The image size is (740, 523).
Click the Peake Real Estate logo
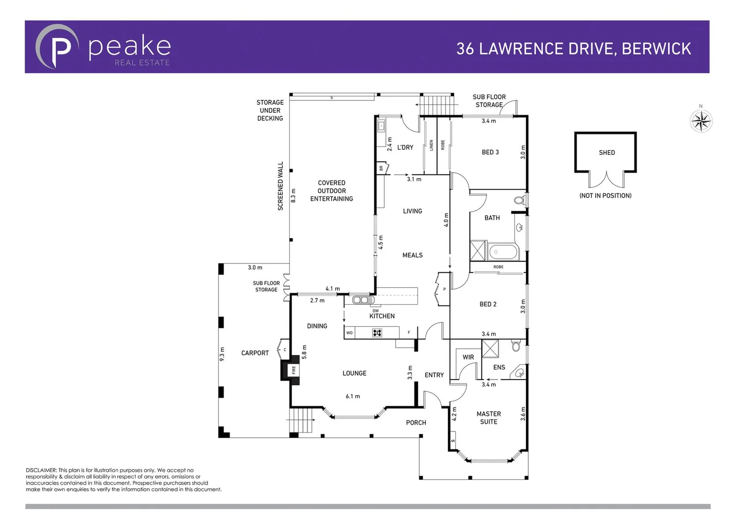click(x=103, y=47)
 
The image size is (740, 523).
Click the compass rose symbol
click(x=701, y=121)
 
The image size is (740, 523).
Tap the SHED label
click(x=606, y=153)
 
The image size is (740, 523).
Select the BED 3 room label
click(x=490, y=152)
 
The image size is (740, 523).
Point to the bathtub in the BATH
click(x=503, y=252)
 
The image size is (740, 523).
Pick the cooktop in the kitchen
click(x=377, y=333)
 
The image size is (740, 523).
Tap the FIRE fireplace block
click(x=293, y=370)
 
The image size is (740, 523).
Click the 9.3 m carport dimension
click(x=222, y=354)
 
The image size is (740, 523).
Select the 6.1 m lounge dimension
click(x=353, y=396)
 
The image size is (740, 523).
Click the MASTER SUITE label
click(x=488, y=417)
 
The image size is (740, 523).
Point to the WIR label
click(x=468, y=357)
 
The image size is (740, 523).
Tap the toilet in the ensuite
click(x=516, y=346)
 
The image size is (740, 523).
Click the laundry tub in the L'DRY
click(x=381, y=126)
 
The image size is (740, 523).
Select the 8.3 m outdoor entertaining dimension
click(x=293, y=196)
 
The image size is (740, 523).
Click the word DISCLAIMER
click(x=41, y=470)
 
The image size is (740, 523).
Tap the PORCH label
click(x=416, y=423)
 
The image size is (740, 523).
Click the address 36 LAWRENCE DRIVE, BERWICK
click(x=573, y=48)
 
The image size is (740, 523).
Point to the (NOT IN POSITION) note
click(x=605, y=196)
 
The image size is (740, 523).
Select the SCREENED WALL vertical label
click(x=280, y=186)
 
